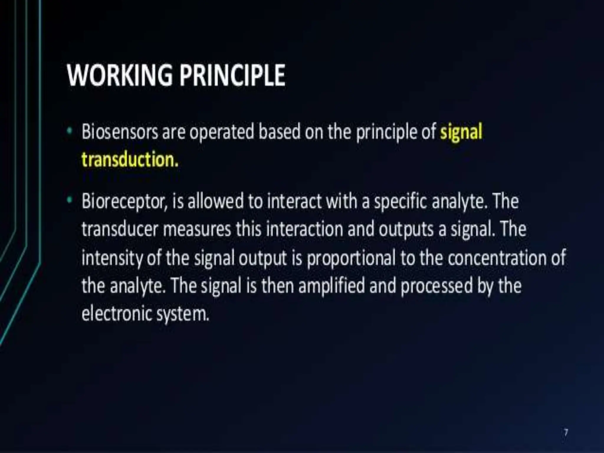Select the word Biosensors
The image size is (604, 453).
[x=120, y=132]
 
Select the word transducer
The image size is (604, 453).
[x=120, y=229]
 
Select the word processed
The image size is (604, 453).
[x=436, y=286]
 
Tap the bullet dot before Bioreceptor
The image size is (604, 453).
[x=69, y=200]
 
